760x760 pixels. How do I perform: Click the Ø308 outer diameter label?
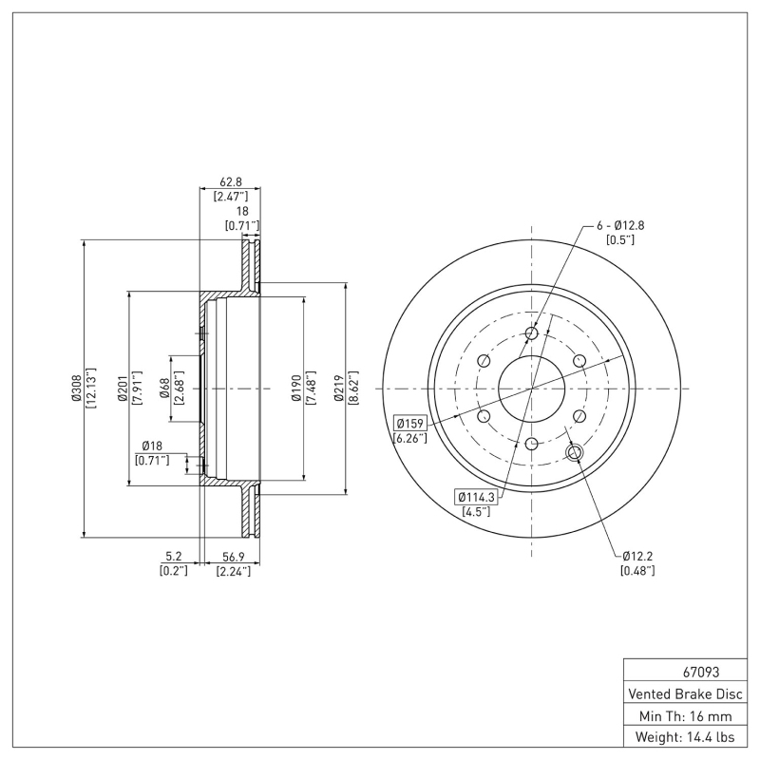(x=75, y=389)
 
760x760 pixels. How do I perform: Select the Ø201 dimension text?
(x=123, y=389)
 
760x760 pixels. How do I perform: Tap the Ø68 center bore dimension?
(x=164, y=389)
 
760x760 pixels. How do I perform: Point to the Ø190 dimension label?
(x=295, y=389)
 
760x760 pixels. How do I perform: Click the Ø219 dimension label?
(x=337, y=389)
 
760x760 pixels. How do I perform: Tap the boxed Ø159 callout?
(x=410, y=423)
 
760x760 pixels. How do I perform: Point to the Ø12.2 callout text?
(x=638, y=556)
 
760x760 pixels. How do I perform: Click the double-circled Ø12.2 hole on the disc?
(x=575, y=452)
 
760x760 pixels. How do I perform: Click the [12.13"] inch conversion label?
(x=91, y=389)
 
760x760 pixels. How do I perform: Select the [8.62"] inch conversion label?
(x=353, y=389)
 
